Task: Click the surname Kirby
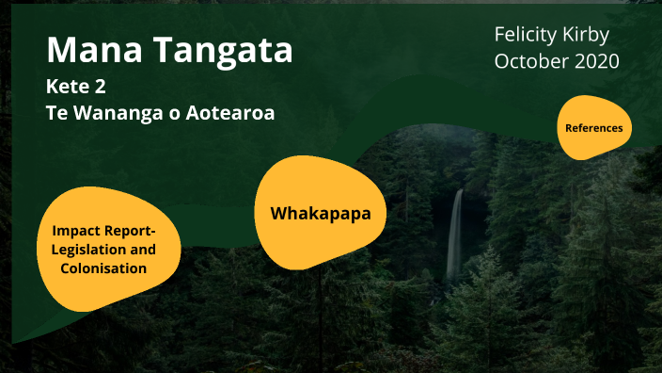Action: pyautogui.click(x=592, y=36)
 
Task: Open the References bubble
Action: pyautogui.click(x=594, y=127)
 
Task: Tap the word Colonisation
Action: pyautogui.click(x=103, y=268)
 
